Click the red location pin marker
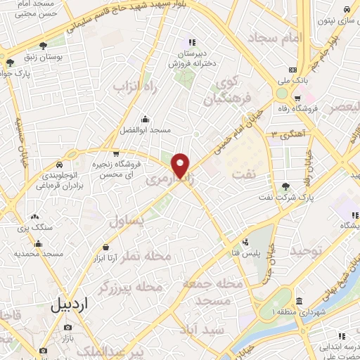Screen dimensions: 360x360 pos(181,165)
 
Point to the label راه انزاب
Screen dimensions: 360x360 pos(134,85)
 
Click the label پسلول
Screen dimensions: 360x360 pos(128,221)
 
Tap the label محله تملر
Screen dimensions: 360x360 pos(148,257)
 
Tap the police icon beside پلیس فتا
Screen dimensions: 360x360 pos(245,243)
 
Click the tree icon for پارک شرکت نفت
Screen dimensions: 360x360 pos(285,186)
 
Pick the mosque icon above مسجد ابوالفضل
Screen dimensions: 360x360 pos(144,119)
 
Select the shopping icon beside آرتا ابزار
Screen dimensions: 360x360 pos(106,247)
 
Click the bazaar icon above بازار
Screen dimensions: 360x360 pos(67,327)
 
